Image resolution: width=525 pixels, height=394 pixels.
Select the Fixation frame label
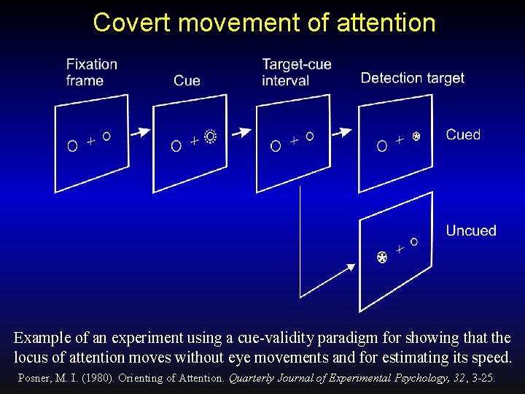click(x=91, y=72)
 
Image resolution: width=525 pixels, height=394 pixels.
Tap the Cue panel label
click(x=187, y=80)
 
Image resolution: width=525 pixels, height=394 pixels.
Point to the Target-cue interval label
click(x=296, y=72)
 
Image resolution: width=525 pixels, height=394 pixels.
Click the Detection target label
click(x=412, y=78)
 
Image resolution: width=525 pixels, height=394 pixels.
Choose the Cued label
click(x=463, y=135)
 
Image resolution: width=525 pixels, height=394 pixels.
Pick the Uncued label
click(x=471, y=231)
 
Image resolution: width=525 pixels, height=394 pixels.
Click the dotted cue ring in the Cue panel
click(x=211, y=136)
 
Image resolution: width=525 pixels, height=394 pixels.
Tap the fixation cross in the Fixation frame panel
click(x=90, y=141)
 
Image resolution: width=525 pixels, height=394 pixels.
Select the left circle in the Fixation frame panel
click(x=72, y=146)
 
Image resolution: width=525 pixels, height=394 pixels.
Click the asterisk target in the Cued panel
click(x=416, y=136)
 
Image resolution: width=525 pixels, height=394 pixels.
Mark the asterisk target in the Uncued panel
click(x=381, y=257)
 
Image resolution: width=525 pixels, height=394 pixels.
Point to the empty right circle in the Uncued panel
click(x=414, y=241)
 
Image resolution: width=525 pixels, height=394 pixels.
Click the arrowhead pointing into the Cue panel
click(x=147, y=132)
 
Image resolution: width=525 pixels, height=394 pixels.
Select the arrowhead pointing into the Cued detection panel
click(x=348, y=133)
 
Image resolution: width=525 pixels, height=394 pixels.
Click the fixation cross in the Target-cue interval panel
click(x=294, y=140)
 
